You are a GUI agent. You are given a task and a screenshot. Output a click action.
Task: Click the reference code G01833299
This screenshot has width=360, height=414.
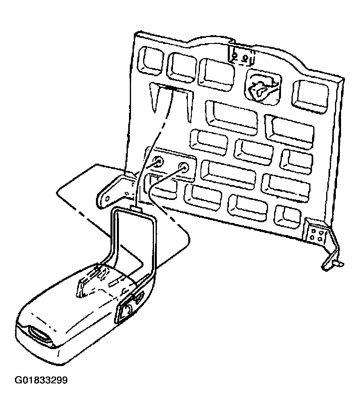coord(41,381)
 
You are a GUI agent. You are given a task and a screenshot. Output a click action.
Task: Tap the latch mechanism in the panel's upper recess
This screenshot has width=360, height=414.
coord(262,89)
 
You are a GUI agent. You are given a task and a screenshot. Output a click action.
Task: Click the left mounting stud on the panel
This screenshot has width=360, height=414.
coord(158,162)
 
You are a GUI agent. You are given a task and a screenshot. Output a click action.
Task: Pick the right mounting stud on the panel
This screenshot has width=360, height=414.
coord(183,167)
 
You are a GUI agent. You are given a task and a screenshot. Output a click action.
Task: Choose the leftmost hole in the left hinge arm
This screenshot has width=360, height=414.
coord(107,198)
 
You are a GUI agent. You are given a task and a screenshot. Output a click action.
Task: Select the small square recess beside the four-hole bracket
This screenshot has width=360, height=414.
coord(287,216)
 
